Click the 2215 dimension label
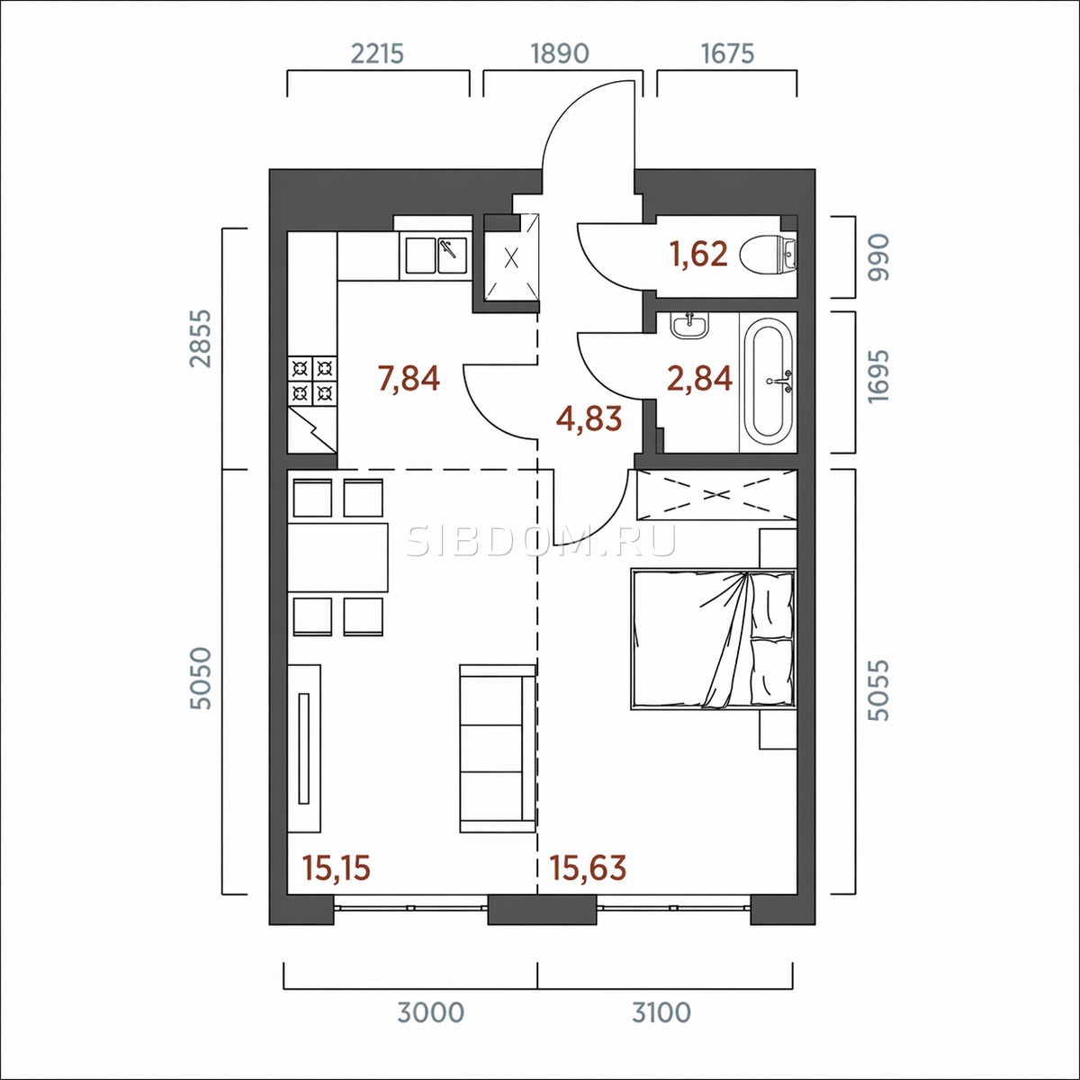click(x=377, y=54)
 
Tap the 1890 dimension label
click(x=560, y=54)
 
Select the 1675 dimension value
click(x=728, y=54)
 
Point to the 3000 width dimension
click(x=431, y=1013)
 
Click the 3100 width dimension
click(x=661, y=1013)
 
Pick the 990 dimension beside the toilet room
click(x=878, y=257)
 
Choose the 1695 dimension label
click(x=878, y=376)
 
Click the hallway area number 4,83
click(x=589, y=418)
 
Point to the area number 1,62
click(x=699, y=253)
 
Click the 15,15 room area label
click(x=337, y=868)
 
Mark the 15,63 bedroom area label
click(x=588, y=868)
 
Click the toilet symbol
click(x=768, y=256)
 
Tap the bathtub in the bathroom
click(x=771, y=381)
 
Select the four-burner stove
click(x=312, y=381)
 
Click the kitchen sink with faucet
click(x=436, y=256)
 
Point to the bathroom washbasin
click(x=690, y=325)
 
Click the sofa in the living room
click(x=498, y=748)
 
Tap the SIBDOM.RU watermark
click(x=541, y=541)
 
